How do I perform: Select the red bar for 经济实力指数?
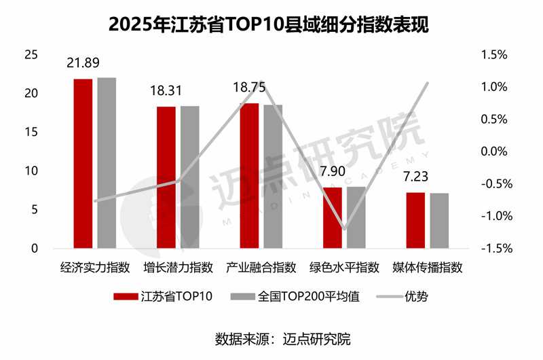point(83,163)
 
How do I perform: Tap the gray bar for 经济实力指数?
point(107,163)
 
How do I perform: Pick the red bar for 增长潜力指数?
point(166,177)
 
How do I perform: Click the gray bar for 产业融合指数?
point(273,177)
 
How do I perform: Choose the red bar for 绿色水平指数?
point(332,217)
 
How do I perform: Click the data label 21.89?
point(83,63)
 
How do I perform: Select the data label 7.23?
point(415,177)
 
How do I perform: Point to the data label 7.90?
point(333,172)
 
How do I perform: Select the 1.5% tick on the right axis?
point(493,55)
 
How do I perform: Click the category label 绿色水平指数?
point(344,267)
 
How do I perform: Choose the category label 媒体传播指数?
point(428,267)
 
